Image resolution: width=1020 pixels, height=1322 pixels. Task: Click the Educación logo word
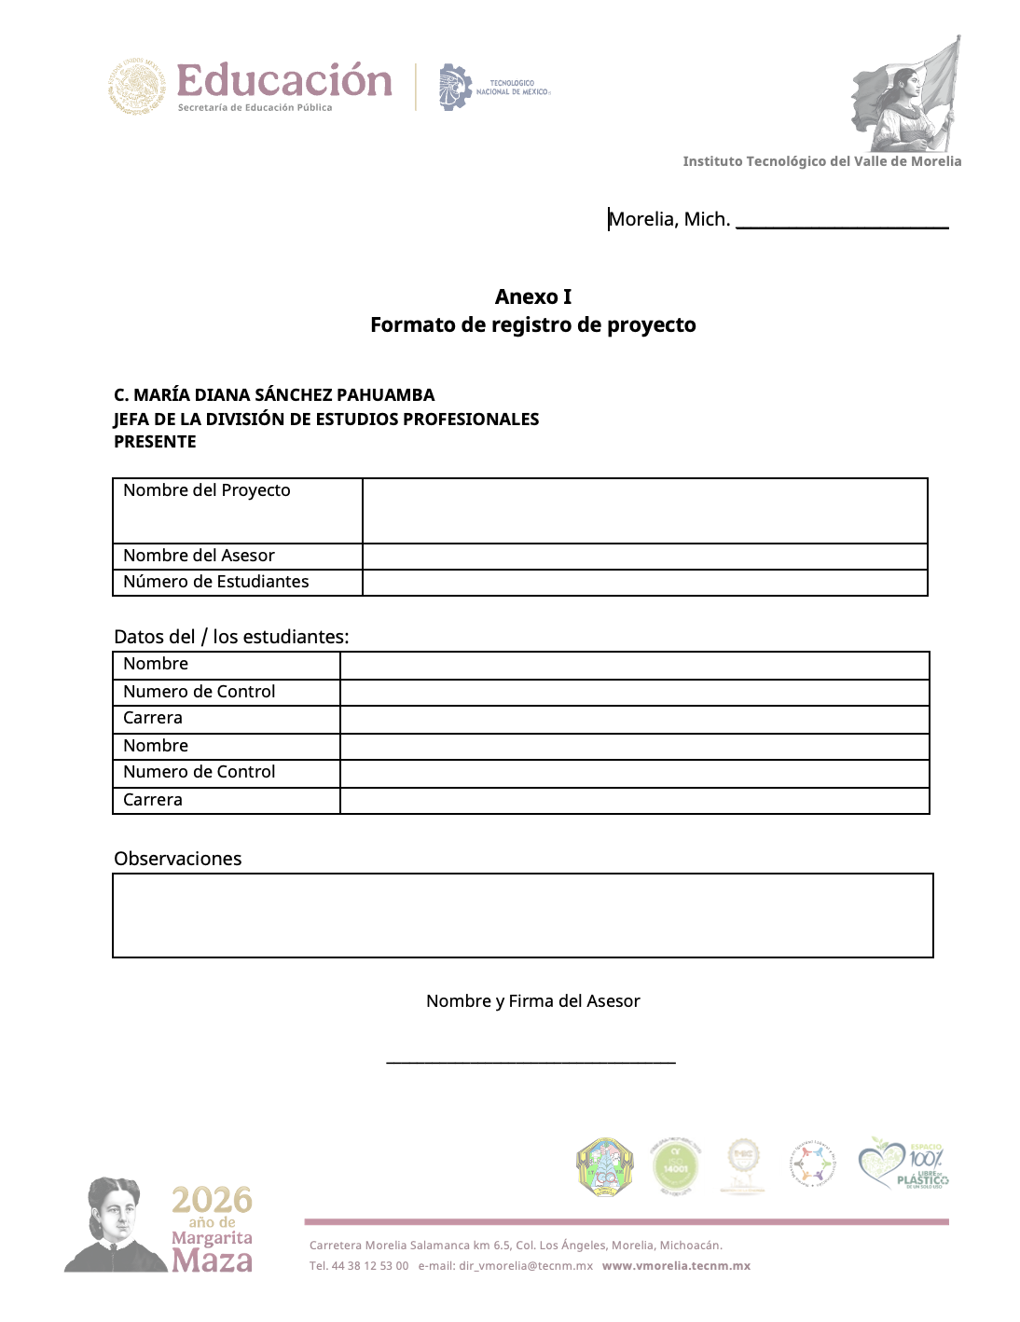click(x=284, y=81)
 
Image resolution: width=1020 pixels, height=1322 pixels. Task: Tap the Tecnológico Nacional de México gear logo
click(x=455, y=88)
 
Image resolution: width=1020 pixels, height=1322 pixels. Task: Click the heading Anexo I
click(x=532, y=296)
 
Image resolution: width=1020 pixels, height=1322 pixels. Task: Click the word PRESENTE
click(x=155, y=442)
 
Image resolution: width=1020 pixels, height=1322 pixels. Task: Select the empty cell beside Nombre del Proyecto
click(x=644, y=511)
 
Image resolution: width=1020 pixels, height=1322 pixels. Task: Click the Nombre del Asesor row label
click(x=199, y=556)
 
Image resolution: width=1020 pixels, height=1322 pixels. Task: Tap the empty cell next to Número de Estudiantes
click(x=644, y=583)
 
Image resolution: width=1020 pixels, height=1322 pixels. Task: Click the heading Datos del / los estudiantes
click(x=231, y=637)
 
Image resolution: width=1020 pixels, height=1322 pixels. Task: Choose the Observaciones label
click(x=177, y=859)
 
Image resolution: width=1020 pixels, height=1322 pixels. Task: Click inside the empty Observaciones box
click(x=522, y=916)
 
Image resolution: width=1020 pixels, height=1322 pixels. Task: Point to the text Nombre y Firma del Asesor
click(x=532, y=1001)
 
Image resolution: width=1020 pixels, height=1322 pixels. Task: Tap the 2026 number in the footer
click(x=212, y=1200)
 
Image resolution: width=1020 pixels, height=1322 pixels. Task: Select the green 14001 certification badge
click(x=675, y=1166)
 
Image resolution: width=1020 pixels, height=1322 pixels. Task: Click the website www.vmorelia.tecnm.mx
click(x=676, y=1266)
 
